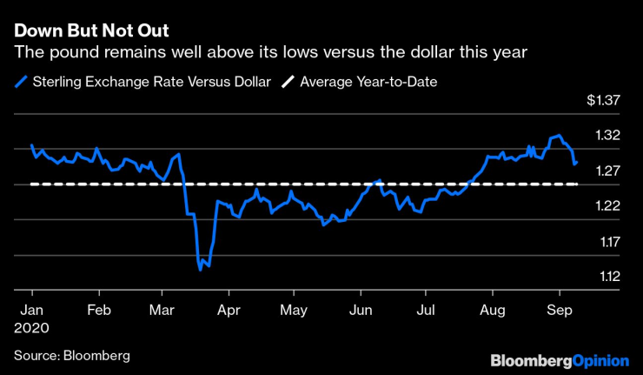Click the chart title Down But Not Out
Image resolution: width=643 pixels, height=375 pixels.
(x=90, y=30)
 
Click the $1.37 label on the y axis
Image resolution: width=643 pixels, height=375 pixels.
(x=602, y=101)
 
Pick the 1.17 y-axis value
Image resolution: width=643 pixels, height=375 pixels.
(x=608, y=242)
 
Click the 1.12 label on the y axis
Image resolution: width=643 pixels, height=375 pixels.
(x=608, y=277)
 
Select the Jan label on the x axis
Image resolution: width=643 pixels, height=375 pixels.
(x=32, y=311)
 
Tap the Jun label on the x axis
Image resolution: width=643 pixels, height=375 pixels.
(x=359, y=311)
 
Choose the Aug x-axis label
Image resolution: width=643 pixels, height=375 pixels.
(x=493, y=311)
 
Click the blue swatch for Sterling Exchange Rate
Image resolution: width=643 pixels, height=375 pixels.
(x=21, y=82)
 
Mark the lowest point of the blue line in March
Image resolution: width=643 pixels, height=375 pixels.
(x=200, y=270)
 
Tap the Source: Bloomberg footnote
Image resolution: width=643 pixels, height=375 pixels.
(x=71, y=355)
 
